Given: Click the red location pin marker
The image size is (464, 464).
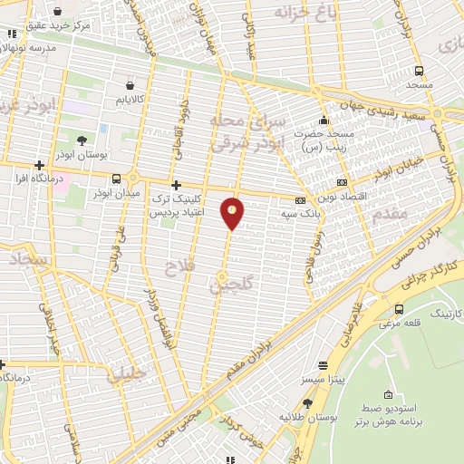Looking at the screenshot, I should [233, 213].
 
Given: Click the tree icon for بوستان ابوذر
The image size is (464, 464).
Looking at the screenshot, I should [82, 140].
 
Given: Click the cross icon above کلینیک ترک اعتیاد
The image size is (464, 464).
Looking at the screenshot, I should [175, 184].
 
